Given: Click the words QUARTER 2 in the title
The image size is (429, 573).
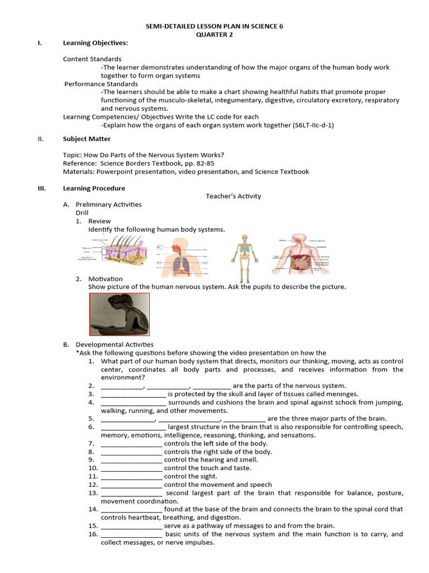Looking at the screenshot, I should [x=214, y=34].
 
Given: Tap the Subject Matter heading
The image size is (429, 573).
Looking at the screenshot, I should [x=87, y=139].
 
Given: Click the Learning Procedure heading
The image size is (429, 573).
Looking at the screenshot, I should [x=94, y=188].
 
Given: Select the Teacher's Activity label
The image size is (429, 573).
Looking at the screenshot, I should [x=233, y=196].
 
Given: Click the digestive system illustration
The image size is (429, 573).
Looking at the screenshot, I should [x=302, y=255].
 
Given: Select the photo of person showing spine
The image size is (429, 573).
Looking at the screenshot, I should [x=119, y=314].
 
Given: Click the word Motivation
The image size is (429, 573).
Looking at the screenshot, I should [x=105, y=279].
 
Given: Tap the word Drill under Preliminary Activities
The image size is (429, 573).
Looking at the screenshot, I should [x=83, y=213].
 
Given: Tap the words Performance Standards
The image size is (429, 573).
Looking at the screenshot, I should [x=101, y=84].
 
